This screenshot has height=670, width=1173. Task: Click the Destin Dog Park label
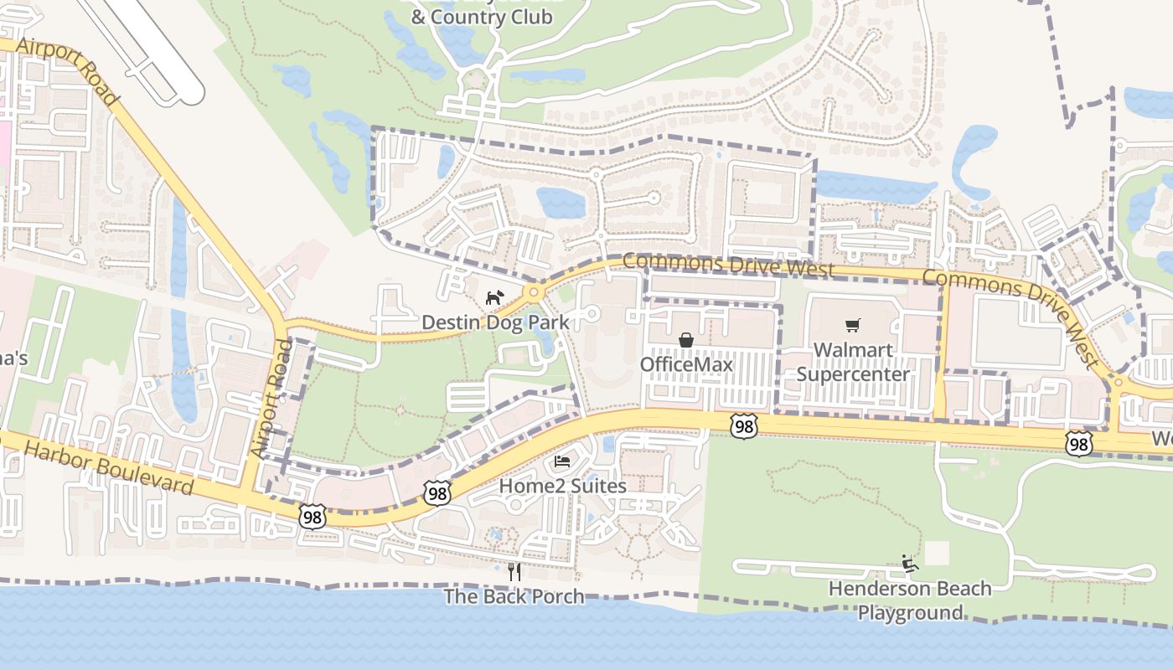click(495, 322)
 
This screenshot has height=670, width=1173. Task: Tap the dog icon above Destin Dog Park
click(494, 298)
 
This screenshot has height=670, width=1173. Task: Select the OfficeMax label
click(686, 364)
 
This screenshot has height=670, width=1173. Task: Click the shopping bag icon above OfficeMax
click(686, 339)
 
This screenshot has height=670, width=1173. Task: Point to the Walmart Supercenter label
click(853, 362)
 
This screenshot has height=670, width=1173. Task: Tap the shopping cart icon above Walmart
click(853, 325)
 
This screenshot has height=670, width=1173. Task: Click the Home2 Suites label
click(562, 486)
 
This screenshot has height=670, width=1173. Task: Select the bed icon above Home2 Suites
click(562, 461)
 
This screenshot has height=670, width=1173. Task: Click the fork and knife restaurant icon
click(514, 572)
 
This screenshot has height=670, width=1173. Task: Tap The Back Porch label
click(514, 596)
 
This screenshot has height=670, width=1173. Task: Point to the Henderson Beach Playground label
click(910, 600)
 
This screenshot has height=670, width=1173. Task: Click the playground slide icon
click(909, 564)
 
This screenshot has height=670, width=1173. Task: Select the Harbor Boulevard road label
click(109, 468)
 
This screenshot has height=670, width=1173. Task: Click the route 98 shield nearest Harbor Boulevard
click(313, 518)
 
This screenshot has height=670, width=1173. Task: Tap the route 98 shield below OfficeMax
click(743, 425)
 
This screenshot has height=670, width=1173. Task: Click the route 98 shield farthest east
click(1079, 444)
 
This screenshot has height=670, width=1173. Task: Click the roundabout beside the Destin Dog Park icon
click(533, 293)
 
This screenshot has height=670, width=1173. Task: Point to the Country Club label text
click(481, 17)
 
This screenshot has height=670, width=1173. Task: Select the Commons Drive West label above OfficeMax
click(729, 265)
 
